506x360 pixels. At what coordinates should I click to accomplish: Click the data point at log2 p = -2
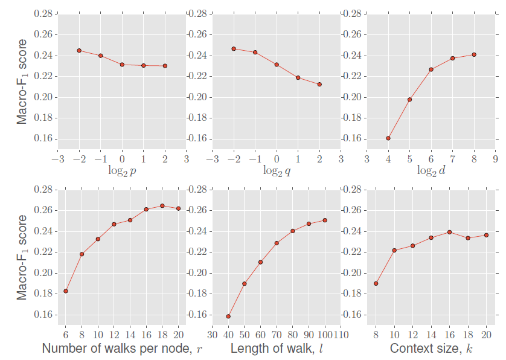pos(79,50)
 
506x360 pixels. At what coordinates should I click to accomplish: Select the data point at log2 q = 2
pos(319,84)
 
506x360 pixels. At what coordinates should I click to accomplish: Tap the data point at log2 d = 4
pos(388,138)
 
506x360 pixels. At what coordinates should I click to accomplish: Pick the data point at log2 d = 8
pos(474,54)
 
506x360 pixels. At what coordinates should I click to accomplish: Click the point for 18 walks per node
pos(162,206)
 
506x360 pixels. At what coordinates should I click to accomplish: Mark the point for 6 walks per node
pos(66,291)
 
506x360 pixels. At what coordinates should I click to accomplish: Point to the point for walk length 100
pos(325,220)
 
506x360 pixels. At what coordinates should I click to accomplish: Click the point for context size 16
pos(449,232)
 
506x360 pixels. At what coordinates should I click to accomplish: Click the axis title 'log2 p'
pos(121,171)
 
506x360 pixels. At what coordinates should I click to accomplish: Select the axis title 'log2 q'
pos(277,171)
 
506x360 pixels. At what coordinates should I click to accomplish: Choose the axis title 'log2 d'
pos(431,171)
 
